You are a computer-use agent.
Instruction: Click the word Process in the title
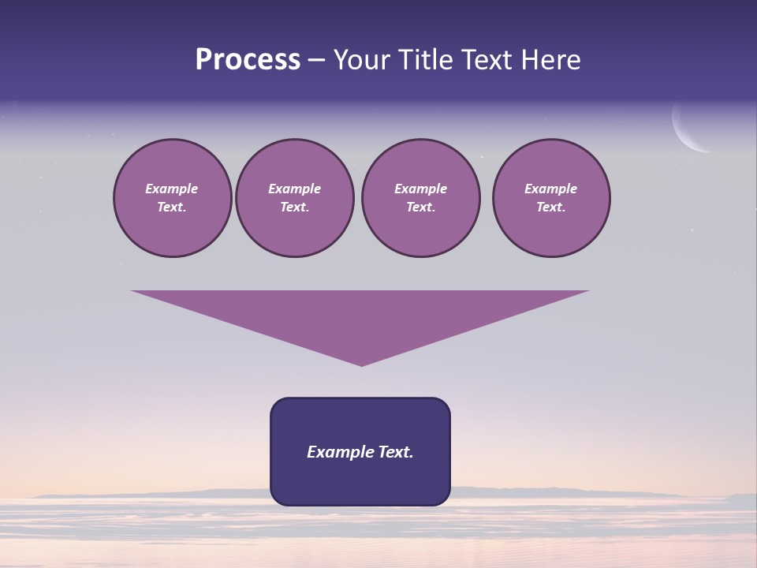point(248,60)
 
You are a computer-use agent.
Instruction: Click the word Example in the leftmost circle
point(172,189)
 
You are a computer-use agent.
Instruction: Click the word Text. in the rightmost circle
point(551,207)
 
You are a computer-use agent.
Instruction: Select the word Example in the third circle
point(420,189)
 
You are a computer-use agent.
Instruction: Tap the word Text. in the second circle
point(294,207)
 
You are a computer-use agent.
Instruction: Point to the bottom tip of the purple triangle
point(361,364)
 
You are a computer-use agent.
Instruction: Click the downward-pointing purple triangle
point(360,316)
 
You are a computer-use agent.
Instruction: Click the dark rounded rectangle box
point(360,481)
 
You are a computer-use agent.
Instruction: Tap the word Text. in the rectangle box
point(395,452)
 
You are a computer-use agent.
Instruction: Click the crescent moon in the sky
point(684,130)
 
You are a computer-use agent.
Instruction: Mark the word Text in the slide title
point(487,60)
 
